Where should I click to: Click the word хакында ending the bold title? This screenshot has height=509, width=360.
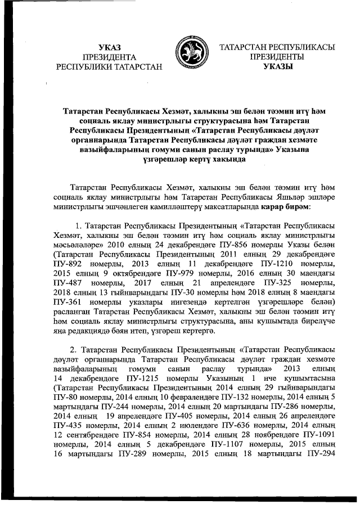[x=224, y=160]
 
